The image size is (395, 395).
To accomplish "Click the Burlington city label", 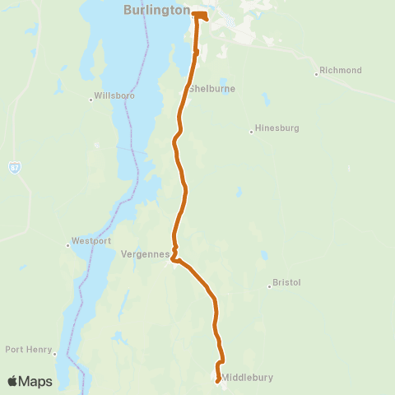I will (156, 11).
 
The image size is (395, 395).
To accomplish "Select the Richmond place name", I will (340, 71).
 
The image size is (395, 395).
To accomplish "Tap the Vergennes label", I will (144, 254).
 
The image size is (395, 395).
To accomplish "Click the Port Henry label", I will (27, 348).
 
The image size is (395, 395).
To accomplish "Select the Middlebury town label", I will (247, 379).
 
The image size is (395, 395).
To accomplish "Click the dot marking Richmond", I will (316, 75).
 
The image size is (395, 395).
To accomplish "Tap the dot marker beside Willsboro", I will (91, 100).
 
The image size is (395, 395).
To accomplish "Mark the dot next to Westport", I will (68, 244).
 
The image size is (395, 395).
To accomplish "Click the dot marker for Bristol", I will (269, 286).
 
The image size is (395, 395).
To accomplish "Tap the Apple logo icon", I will (12, 381).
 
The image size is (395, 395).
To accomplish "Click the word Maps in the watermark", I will (36, 382).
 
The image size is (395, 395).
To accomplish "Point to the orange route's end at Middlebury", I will (217, 380).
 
